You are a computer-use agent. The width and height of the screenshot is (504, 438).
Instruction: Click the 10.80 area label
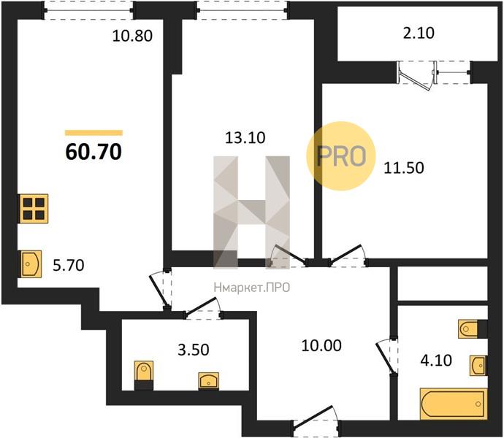132,36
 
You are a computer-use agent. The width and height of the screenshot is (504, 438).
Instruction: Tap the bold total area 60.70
93,152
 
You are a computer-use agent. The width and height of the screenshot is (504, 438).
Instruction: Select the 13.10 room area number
245,138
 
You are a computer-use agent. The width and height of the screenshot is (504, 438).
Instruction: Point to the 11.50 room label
404,168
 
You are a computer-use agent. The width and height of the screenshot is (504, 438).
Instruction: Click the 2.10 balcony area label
419,33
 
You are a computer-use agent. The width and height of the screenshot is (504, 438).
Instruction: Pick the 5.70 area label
68,266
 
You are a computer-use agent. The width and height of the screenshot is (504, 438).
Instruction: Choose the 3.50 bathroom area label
193,350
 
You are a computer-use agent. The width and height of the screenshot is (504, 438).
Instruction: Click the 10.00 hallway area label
321,346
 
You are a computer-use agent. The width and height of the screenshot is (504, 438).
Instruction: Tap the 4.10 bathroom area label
436,360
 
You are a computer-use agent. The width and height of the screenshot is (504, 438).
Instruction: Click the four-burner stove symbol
34,209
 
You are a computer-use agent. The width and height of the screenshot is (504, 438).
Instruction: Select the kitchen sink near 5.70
31,264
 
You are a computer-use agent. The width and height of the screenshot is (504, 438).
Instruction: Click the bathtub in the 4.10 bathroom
453,404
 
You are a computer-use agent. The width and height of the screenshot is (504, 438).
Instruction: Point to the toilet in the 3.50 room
144,375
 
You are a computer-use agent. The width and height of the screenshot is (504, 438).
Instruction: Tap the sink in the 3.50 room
209,381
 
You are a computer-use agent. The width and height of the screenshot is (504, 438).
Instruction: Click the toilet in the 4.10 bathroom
473,329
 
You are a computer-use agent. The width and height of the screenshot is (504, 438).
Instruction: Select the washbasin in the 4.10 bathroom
478,366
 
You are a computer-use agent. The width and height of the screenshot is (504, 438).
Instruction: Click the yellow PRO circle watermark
341,155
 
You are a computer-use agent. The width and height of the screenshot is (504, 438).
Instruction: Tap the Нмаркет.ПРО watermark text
252,288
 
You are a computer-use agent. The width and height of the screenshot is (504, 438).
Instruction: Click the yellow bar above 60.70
93,133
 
